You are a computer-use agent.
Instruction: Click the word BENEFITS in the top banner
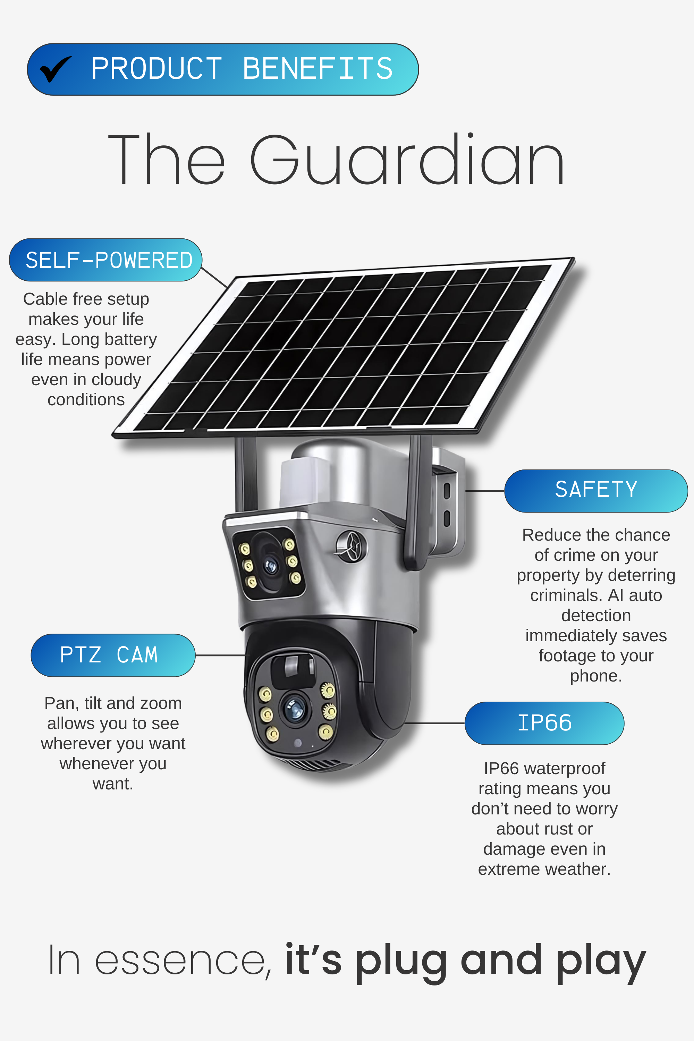tap(318, 69)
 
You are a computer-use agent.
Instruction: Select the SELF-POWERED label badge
tap(106, 260)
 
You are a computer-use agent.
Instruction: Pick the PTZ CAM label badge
tap(113, 655)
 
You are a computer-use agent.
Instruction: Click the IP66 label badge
tap(544, 723)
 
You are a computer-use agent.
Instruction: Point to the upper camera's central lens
tap(270, 565)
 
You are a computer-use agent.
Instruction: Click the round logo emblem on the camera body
tap(352, 546)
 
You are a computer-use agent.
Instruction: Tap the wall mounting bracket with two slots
tap(447, 505)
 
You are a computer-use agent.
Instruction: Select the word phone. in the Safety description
tap(596, 676)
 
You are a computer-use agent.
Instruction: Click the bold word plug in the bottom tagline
tap(401, 961)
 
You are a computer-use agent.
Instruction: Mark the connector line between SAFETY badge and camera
tap(485, 491)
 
